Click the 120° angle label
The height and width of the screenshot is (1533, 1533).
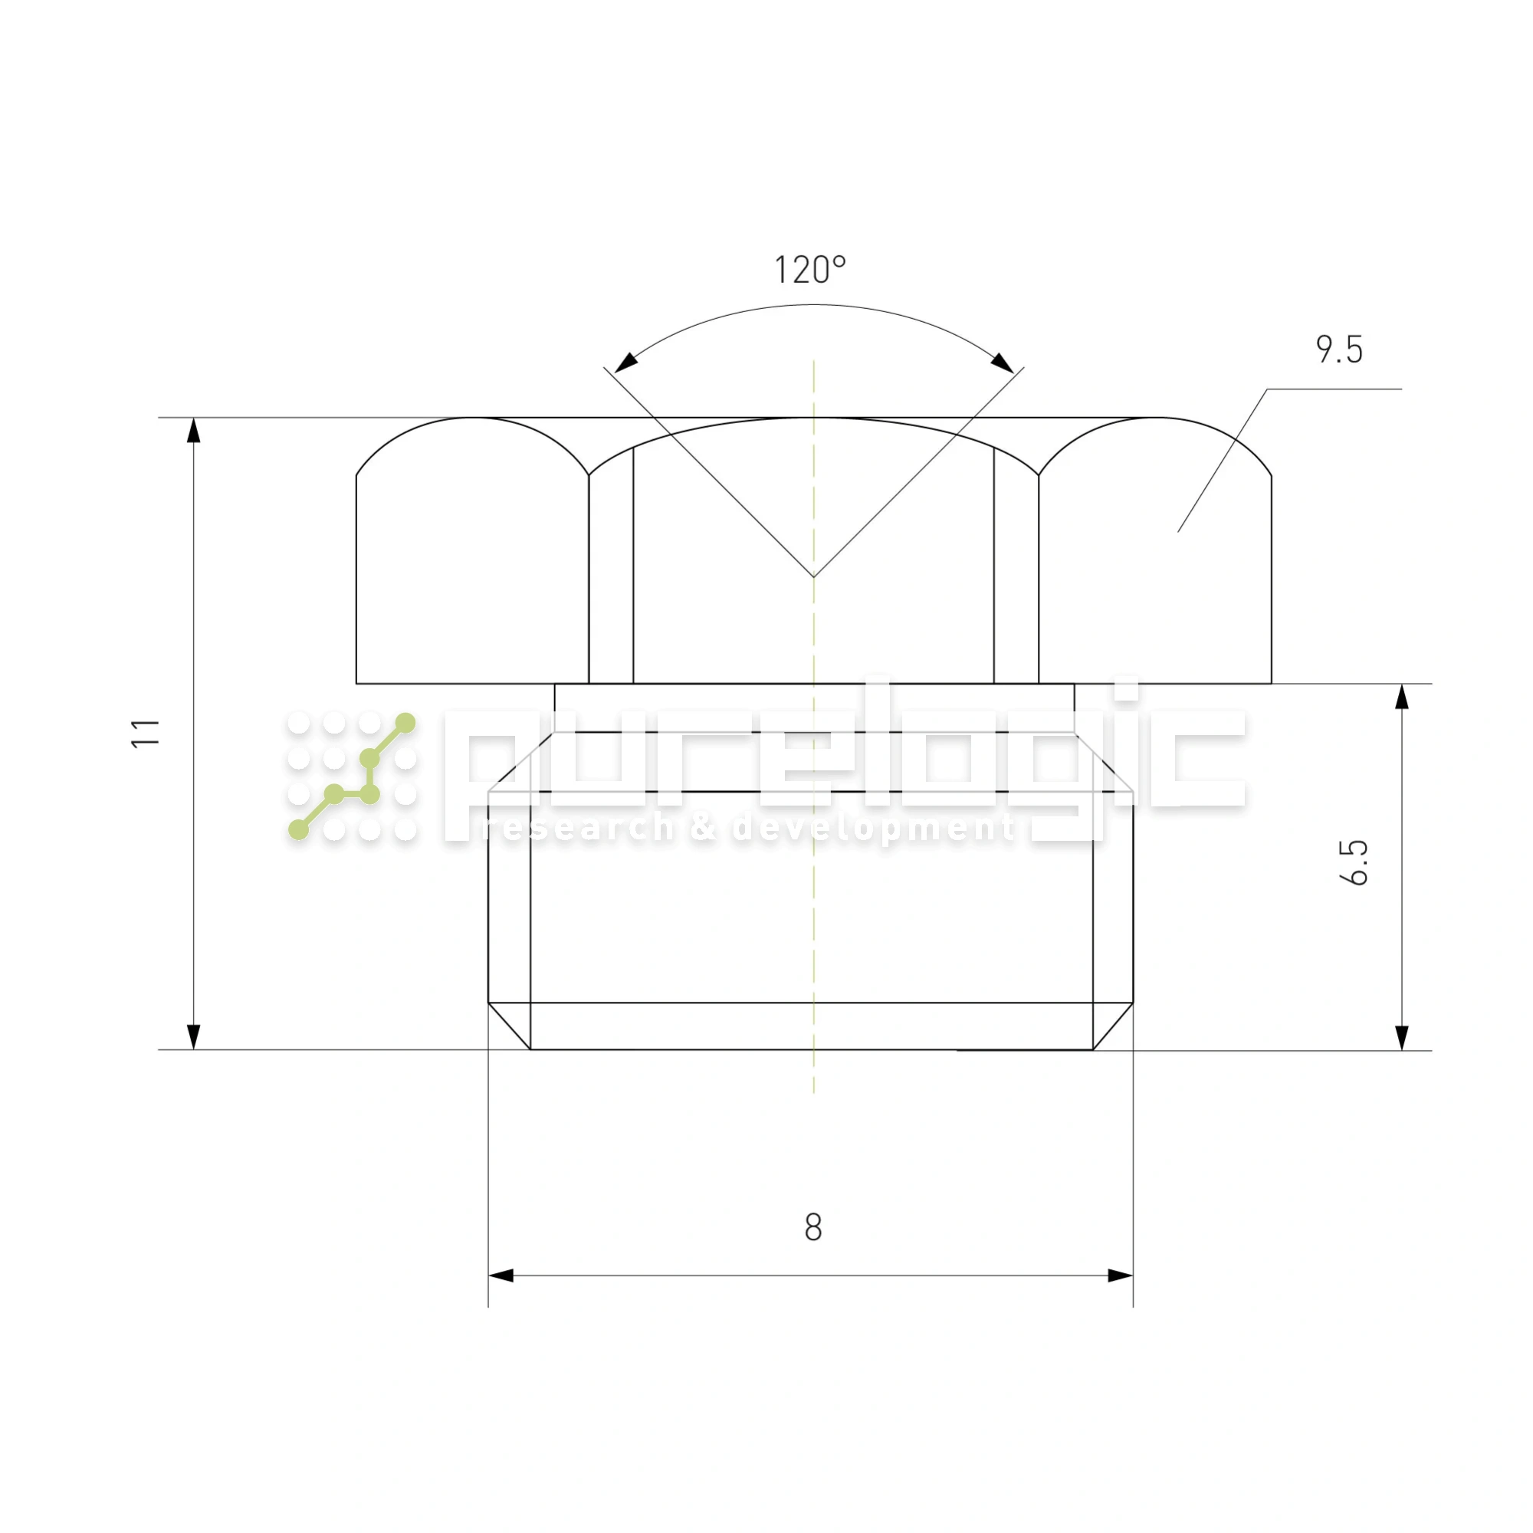(809, 270)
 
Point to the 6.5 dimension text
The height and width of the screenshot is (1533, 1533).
(1354, 862)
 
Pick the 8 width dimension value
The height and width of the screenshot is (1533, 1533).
(813, 1227)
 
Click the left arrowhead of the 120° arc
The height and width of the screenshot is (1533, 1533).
(626, 362)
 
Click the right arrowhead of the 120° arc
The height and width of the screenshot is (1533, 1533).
(1002, 362)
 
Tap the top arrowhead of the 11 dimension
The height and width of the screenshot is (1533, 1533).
(194, 431)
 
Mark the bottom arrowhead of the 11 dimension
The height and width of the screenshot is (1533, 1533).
(194, 1036)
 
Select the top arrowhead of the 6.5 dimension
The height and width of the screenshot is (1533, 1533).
(1402, 697)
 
